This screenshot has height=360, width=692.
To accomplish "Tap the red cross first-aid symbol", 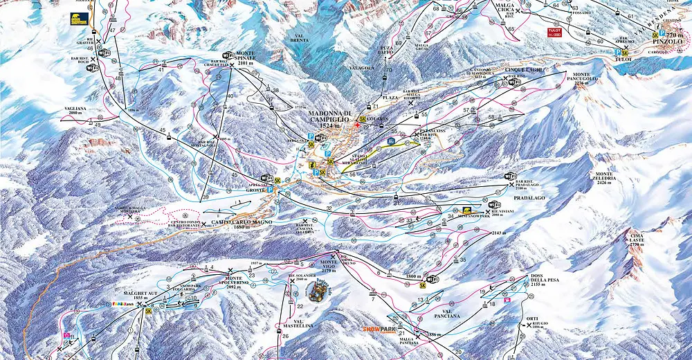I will [357, 126].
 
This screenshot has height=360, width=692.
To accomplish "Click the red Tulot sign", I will [553, 32].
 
